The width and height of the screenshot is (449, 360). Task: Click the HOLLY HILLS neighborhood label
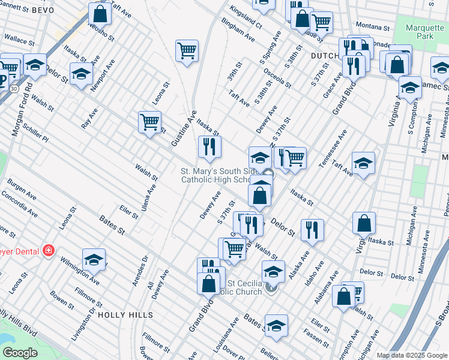click(125, 314)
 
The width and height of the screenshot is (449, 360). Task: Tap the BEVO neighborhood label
click(43, 10)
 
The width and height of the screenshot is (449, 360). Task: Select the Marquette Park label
click(424, 32)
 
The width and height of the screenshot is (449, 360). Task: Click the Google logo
click(20, 353)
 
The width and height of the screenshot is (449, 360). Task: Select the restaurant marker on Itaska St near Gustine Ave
click(209, 146)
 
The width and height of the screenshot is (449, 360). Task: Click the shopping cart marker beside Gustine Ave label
click(149, 121)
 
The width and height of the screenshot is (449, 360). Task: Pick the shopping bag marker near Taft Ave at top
click(100, 13)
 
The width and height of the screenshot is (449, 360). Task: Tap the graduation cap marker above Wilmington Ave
click(94, 259)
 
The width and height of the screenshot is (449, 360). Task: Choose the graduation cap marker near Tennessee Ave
click(363, 163)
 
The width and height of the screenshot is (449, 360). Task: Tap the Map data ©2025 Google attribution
click(411, 355)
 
